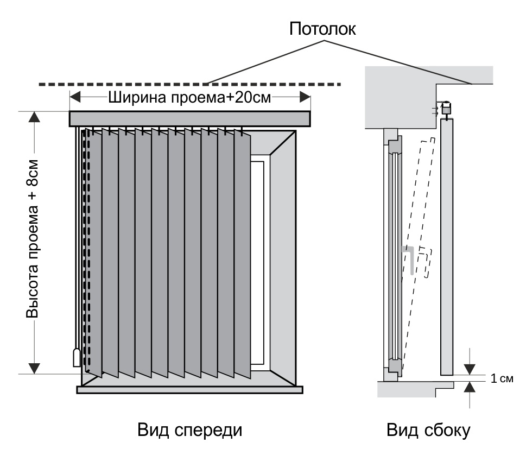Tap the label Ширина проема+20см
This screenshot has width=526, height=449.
[x=190, y=98]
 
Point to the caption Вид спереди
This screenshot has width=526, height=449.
[x=189, y=430]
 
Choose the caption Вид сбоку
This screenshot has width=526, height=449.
[x=428, y=430]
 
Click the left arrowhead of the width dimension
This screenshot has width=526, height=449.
[x=75, y=98]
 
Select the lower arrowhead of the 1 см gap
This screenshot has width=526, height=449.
[x=470, y=386]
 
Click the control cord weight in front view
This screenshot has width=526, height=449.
[x=77, y=358]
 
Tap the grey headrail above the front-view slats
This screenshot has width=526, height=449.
[x=189, y=118]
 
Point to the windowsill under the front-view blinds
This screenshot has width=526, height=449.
[x=189, y=389]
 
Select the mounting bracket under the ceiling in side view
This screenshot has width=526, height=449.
[x=446, y=109]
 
